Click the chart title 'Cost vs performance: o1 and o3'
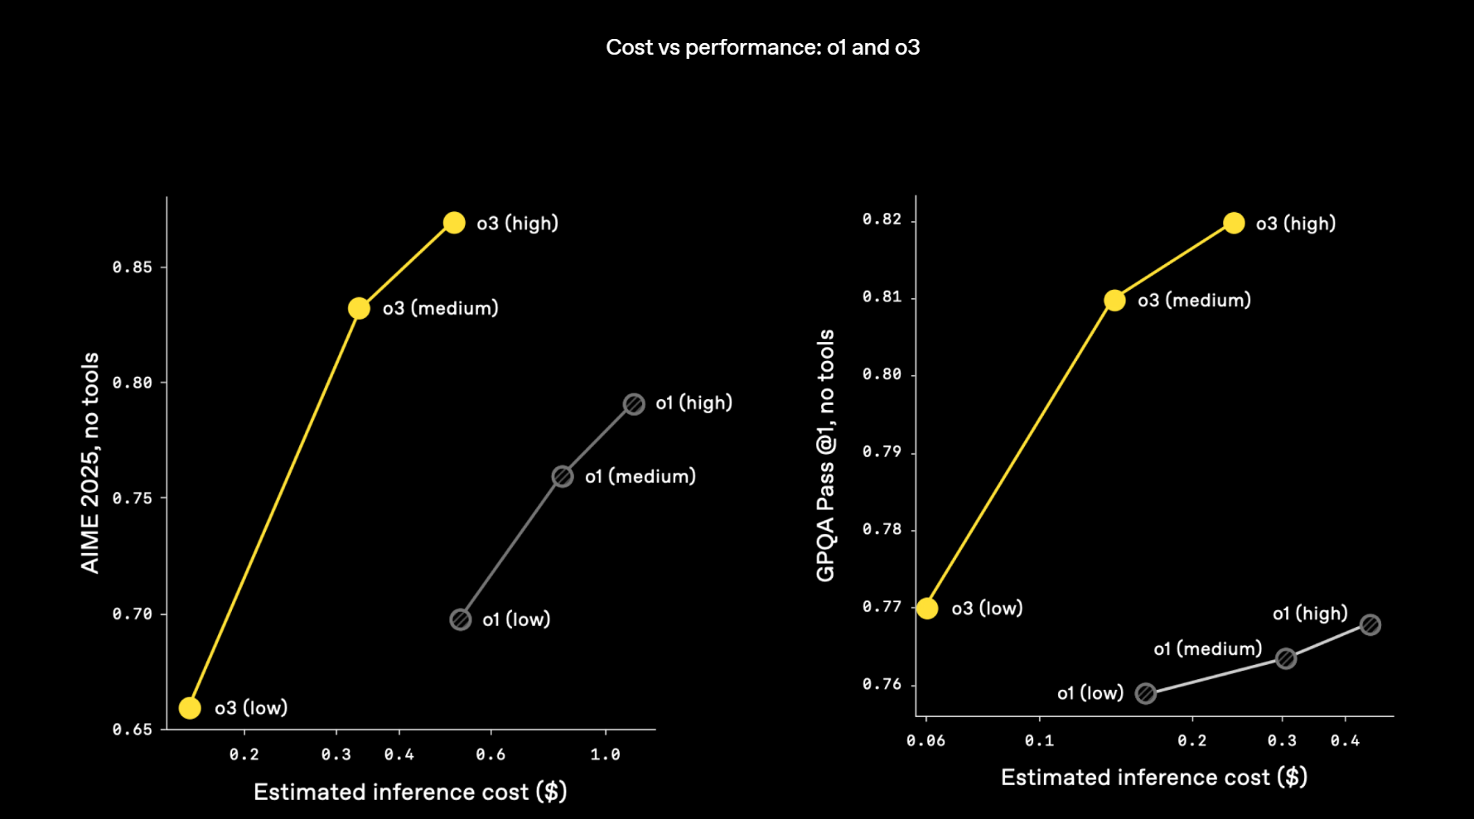click(x=762, y=47)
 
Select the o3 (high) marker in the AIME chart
click(x=454, y=223)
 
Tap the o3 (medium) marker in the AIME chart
click(x=359, y=308)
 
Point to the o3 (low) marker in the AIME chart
click(x=190, y=708)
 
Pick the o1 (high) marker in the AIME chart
click(x=634, y=404)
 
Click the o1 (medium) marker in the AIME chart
click(x=563, y=476)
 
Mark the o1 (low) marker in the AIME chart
click(x=461, y=619)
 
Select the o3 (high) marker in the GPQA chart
click(x=1234, y=223)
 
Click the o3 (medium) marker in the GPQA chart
click(x=1114, y=301)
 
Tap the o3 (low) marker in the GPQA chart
click(x=927, y=609)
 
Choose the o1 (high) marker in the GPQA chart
click(x=1370, y=624)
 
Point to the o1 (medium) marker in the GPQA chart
click(x=1286, y=658)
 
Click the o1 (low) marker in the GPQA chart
click(x=1146, y=693)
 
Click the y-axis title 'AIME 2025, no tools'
click(x=89, y=462)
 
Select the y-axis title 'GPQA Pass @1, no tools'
click(x=825, y=455)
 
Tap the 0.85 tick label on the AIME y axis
click(x=133, y=267)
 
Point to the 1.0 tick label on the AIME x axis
click(x=605, y=754)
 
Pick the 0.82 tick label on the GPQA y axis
click(x=882, y=219)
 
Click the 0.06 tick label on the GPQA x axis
click(x=925, y=740)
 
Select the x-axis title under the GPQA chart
click(x=1153, y=778)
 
